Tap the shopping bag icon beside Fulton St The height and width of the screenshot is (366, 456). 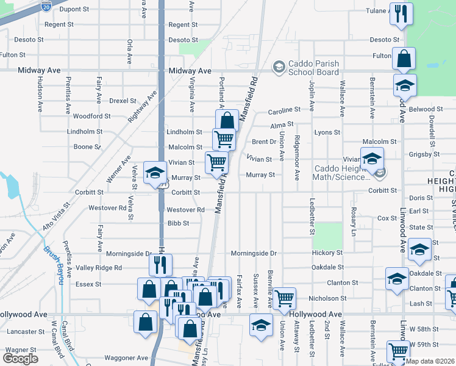(x=404, y=59)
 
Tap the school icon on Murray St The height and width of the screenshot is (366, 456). (x=155, y=172)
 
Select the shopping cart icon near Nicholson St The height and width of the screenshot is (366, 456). (x=284, y=298)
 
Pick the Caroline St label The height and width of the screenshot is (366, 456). (x=285, y=110)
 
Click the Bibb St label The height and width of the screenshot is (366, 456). (x=178, y=224)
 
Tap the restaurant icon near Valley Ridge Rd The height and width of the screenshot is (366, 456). (x=161, y=264)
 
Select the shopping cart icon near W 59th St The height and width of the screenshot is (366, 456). (x=398, y=351)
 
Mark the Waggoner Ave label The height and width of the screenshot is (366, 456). (x=126, y=358)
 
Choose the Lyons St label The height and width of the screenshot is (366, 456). (x=327, y=132)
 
